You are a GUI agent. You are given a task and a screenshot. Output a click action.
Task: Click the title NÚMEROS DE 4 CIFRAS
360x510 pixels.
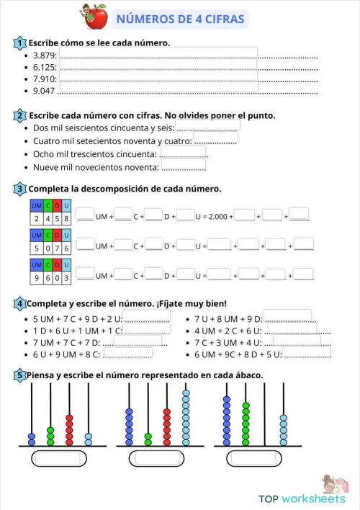[180, 19]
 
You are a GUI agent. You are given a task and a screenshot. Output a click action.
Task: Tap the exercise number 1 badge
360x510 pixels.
[19, 42]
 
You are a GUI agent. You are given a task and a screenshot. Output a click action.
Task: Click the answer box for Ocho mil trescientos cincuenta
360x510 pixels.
[183, 153]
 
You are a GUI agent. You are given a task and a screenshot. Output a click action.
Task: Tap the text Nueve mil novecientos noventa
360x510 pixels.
[96, 167]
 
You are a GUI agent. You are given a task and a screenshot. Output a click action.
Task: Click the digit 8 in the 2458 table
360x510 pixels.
[66, 218]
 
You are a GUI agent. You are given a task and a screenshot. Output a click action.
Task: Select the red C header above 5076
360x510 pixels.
[46, 236]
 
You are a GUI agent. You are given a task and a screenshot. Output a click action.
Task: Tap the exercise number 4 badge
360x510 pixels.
[19, 303]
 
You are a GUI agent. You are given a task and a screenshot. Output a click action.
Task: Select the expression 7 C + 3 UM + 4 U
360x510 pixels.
[226, 342]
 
